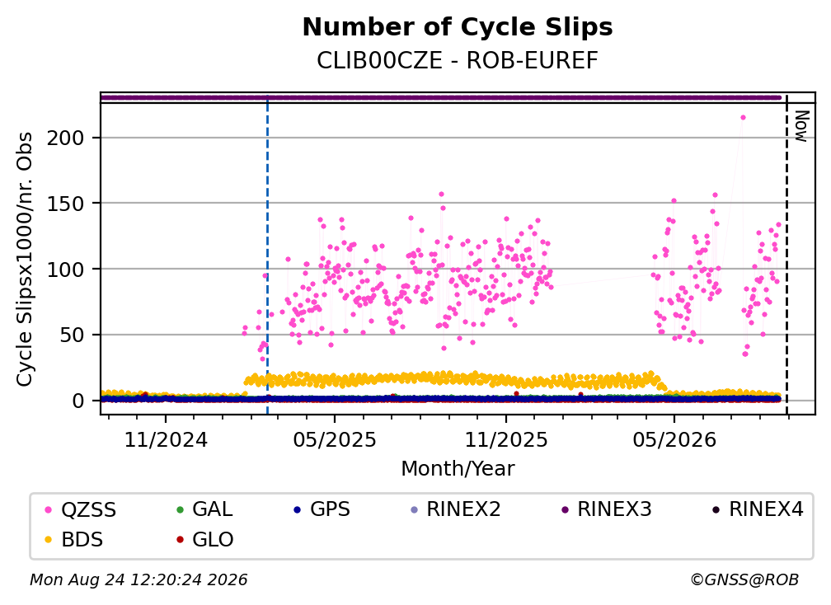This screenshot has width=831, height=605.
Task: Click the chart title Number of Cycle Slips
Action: pos(458,27)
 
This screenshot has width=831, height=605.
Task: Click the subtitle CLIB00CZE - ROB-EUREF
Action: pos(458,61)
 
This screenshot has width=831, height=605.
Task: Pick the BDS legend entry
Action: pos(74,540)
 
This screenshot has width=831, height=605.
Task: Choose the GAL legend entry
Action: pos(204,509)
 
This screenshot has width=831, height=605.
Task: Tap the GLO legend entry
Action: pos(205,540)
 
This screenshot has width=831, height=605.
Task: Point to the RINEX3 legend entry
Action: pos(606,509)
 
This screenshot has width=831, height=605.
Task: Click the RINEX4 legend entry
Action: pos(758,509)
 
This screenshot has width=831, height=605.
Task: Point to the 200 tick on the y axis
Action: pos(66,138)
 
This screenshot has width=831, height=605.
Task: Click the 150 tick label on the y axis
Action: pos(66,204)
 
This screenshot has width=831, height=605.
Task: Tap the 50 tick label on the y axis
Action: pos(72,335)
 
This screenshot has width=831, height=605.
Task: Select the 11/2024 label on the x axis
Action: pos(166,439)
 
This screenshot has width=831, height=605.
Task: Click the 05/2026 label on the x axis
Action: pos(674,439)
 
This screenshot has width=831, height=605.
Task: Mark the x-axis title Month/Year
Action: pos(458,469)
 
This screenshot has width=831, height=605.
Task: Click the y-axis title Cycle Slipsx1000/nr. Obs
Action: pos(25,259)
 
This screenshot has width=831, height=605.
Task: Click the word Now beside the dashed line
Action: pos(801,126)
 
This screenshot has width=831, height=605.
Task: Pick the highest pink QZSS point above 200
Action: pos(743,118)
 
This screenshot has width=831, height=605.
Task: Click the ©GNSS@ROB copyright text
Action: pos(744,580)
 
